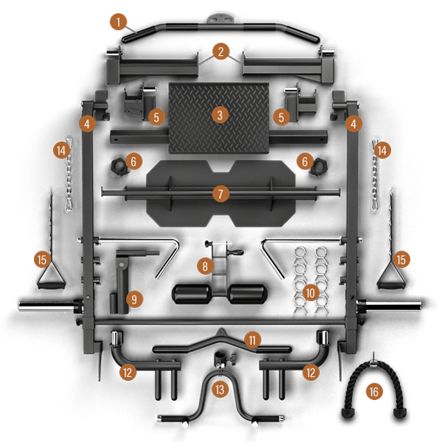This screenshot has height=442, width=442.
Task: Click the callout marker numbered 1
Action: pyautogui.click(x=118, y=21)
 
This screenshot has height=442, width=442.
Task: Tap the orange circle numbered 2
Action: pyautogui.click(x=220, y=51)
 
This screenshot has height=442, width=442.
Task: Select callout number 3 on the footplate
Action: pyautogui.click(x=219, y=115)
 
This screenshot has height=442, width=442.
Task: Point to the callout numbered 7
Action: pyautogui.click(x=219, y=193)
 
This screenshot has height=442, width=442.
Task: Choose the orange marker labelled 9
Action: pyautogui.click(x=133, y=298)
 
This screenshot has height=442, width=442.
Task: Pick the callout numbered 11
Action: pyautogui.click(x=253, y=340)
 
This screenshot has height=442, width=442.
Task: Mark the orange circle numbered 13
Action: pyautogui.click(x=219, y=388)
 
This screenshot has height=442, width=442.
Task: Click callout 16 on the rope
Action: pyautogui.click(x=374, y=392)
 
